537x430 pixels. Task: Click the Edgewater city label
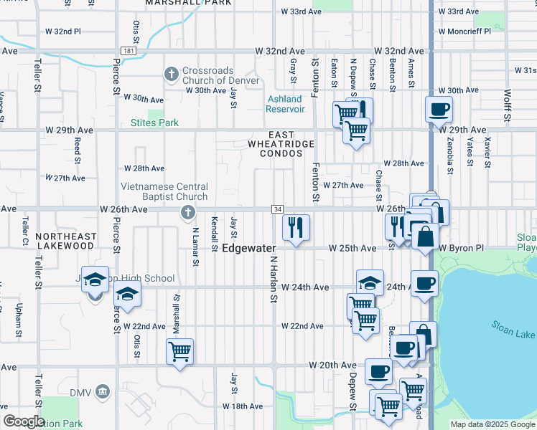pos(249,248)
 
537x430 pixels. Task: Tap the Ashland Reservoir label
pos(285,104)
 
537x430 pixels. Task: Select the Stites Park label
pos(154,123)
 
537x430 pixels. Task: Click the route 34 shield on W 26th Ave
pos(276,209)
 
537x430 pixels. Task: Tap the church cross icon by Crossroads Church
pos(172,74)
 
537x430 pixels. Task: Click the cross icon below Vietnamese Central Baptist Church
pos(188,211)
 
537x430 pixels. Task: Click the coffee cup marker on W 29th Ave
pos(439,110)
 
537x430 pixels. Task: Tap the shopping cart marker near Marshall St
pos(179,351)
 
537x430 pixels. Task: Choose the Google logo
pos(23,421)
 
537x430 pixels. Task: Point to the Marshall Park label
pos(188,3)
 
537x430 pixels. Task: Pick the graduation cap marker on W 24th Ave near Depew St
pos(370,282)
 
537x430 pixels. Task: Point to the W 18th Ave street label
pos(242,406)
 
